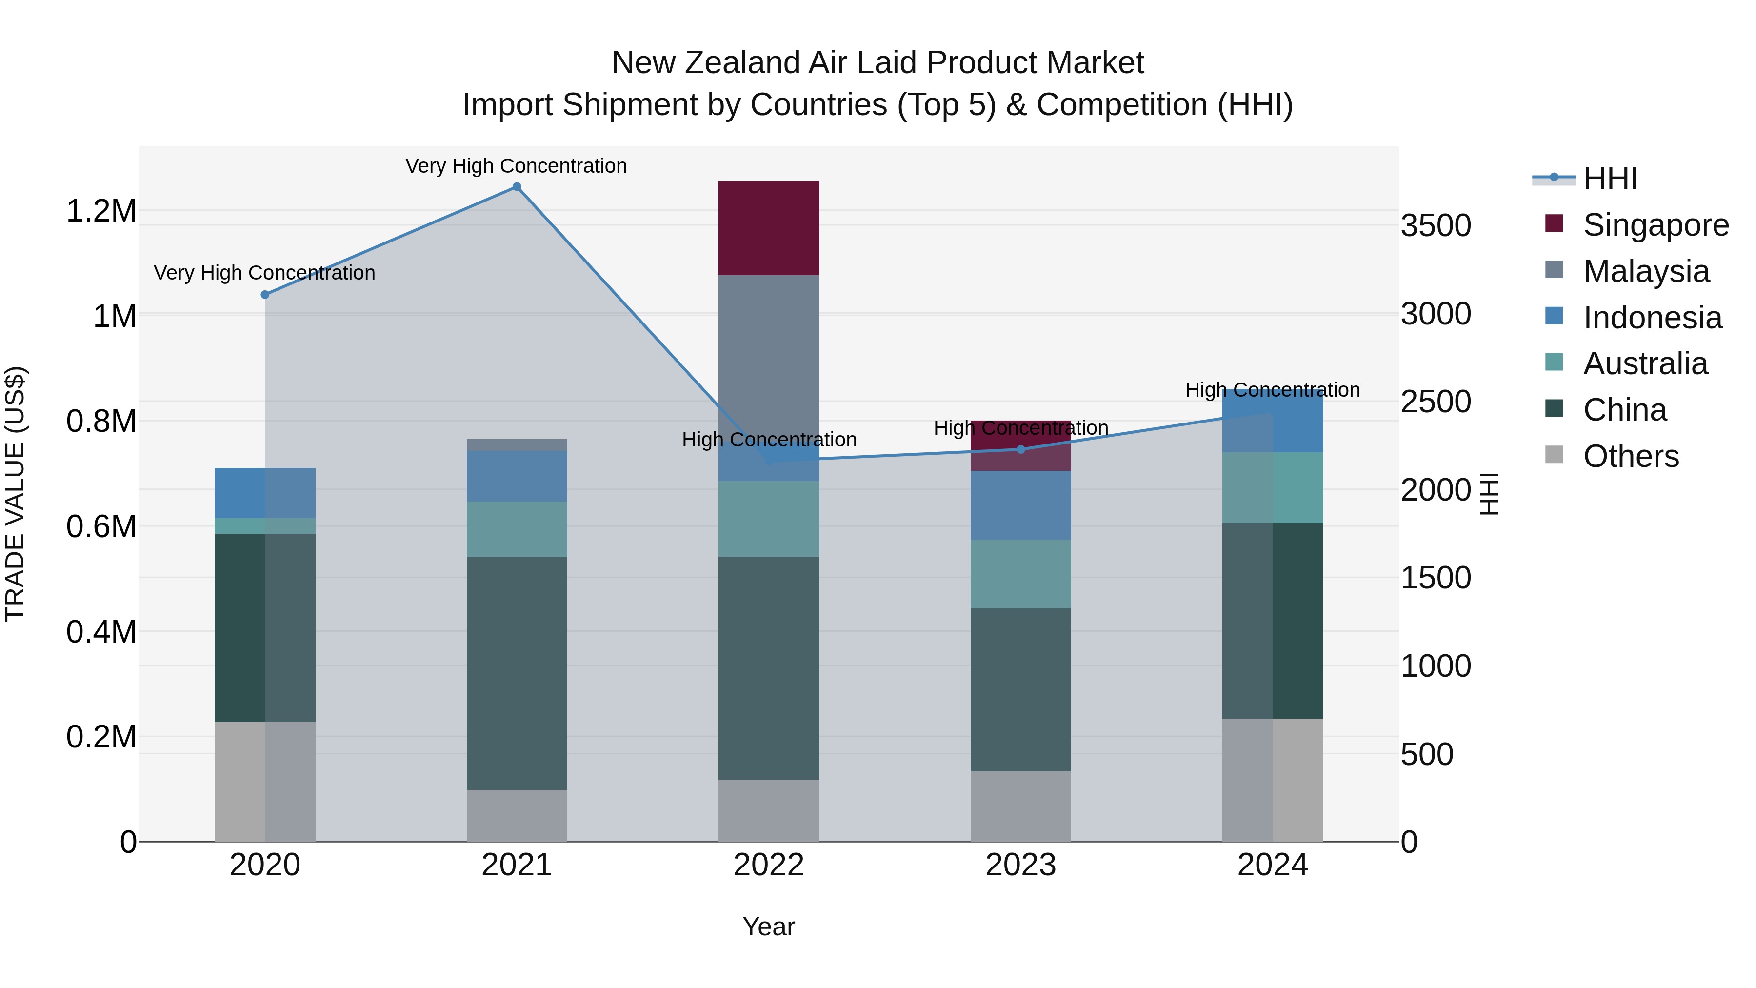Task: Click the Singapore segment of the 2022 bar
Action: click(x=768, y=228)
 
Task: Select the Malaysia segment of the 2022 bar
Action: click(x=768, y=362)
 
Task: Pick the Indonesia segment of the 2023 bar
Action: click(x=1020, y=505)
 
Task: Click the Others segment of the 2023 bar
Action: click(x=1020, y=806)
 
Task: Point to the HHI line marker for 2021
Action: click(x=517, y=187)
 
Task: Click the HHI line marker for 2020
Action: click(x=265, y=295)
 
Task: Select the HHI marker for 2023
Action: click(x=1020, y=449)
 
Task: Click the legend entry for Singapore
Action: click(x=1655, y=225)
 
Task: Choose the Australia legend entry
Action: click(x=1645, y=363)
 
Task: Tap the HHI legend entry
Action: click(x=1610, y=179)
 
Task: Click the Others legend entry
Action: click(x=1631, y=456)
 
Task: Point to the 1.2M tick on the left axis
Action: click(x=101, y=211)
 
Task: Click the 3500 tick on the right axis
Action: click(x=1436, y=226)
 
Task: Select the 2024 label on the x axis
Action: click(x=1272, y=865)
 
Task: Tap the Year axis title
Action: click(x=768, y=927)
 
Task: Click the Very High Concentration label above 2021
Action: click(x=516, y=166)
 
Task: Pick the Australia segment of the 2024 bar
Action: click(x=1272, y=487)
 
